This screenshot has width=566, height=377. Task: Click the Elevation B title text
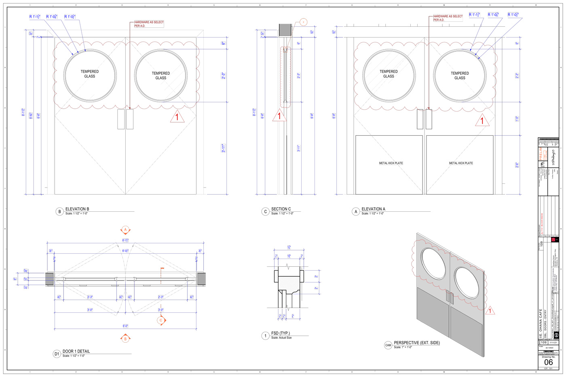tap(77, 209)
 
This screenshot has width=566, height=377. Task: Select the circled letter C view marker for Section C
tap(265, 211)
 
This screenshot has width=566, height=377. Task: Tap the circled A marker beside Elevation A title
tap(356, 211)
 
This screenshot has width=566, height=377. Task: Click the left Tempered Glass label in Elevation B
tap(90, 74)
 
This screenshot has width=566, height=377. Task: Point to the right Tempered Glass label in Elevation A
tap(460, 76)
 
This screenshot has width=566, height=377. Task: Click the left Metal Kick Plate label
tap(391, 163)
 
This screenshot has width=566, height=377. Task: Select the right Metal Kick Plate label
tap(461, 163)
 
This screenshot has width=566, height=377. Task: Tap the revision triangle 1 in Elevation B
tap(177, 118)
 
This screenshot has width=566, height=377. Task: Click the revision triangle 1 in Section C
tap(279, 116)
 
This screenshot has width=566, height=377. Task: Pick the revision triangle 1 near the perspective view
tap(490, 311)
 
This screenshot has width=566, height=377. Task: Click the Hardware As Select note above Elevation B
tap(149, 24)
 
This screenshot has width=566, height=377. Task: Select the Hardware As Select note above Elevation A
tap(448, 18)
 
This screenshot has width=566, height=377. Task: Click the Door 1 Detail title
tap(76, 351)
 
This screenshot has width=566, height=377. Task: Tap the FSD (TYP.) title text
tap(280, 333)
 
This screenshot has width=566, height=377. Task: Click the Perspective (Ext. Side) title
tap(417, 343)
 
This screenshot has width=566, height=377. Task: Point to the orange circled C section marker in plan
tap(161, 320)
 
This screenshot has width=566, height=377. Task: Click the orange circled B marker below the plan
tap(125, 339)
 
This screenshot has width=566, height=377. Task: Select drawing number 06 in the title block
tap(549, 362)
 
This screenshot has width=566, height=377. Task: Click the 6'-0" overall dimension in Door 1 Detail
tap(125, 326)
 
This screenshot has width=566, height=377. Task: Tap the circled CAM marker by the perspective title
tap(388, 345)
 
